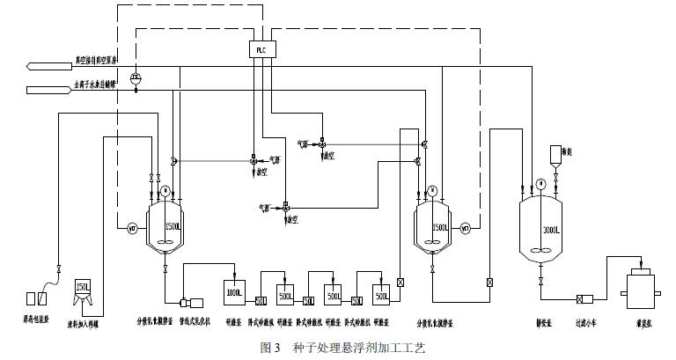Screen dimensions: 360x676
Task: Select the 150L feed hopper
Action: (84, 290)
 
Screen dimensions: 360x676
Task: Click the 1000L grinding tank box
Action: (234, 291)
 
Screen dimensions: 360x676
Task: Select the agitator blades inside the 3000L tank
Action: (540, 250)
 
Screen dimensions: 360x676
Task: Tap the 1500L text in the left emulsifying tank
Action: (172, 228)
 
